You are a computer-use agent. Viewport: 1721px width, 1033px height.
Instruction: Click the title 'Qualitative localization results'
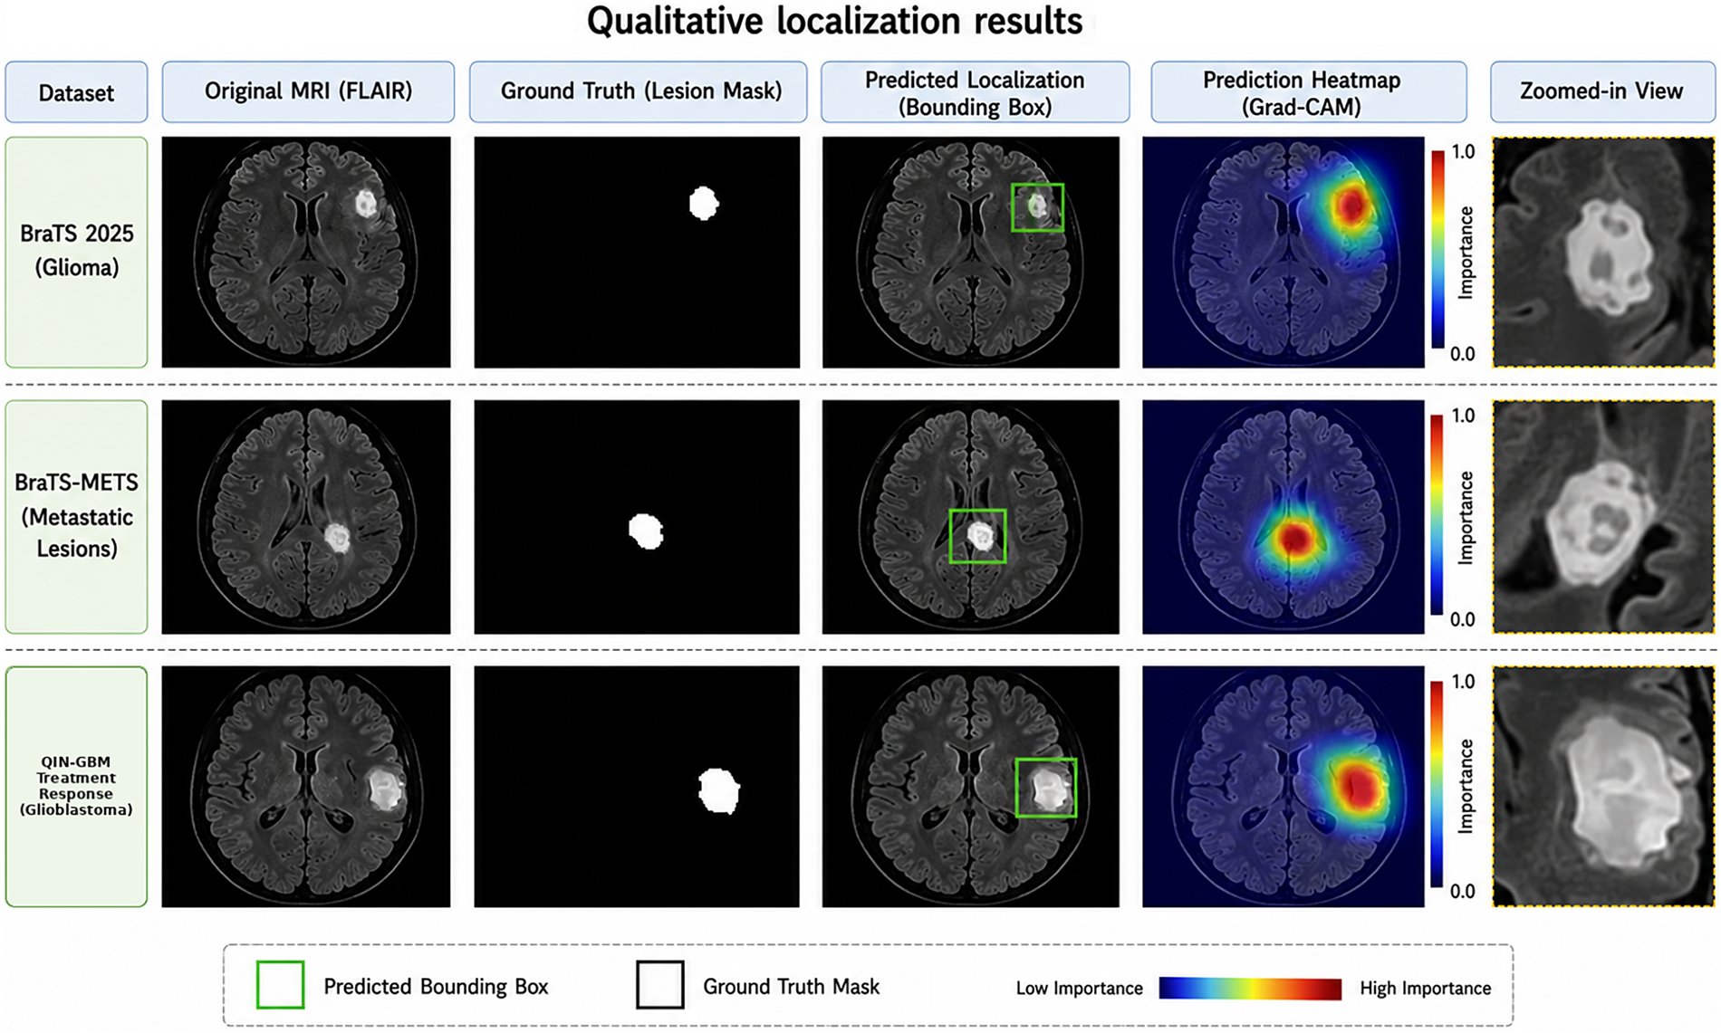point(834,22)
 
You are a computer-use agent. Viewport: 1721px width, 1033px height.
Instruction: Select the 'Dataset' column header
point(76,91)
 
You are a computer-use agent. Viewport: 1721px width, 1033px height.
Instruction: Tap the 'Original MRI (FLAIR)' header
point(308,91)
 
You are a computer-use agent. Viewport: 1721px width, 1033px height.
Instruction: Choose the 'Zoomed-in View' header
point(1602,91)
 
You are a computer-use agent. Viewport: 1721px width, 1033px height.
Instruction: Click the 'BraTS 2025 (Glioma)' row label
point(76,251)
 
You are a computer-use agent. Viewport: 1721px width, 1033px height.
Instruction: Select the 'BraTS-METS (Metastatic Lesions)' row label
point(76,516)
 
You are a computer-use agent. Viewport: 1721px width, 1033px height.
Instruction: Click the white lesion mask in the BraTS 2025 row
point(704,203)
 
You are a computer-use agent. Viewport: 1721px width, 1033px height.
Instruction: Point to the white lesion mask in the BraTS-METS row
point(646,531)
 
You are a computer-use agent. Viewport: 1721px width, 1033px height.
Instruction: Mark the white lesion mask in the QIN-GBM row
point(719,789)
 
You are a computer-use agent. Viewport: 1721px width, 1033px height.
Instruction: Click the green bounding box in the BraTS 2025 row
point(1037,185)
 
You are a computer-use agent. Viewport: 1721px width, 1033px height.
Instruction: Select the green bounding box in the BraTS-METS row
point(977,511)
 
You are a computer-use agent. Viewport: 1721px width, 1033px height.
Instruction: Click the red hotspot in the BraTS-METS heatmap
point(1294,539)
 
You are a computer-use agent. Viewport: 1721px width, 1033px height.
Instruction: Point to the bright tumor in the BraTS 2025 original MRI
point(365,203)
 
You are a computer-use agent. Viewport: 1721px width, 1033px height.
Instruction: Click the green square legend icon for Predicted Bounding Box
point(280,985)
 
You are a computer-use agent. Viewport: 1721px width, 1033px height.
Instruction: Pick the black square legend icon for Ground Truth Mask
point(659,985)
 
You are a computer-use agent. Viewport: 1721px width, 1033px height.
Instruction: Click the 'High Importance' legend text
point(1425,988)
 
